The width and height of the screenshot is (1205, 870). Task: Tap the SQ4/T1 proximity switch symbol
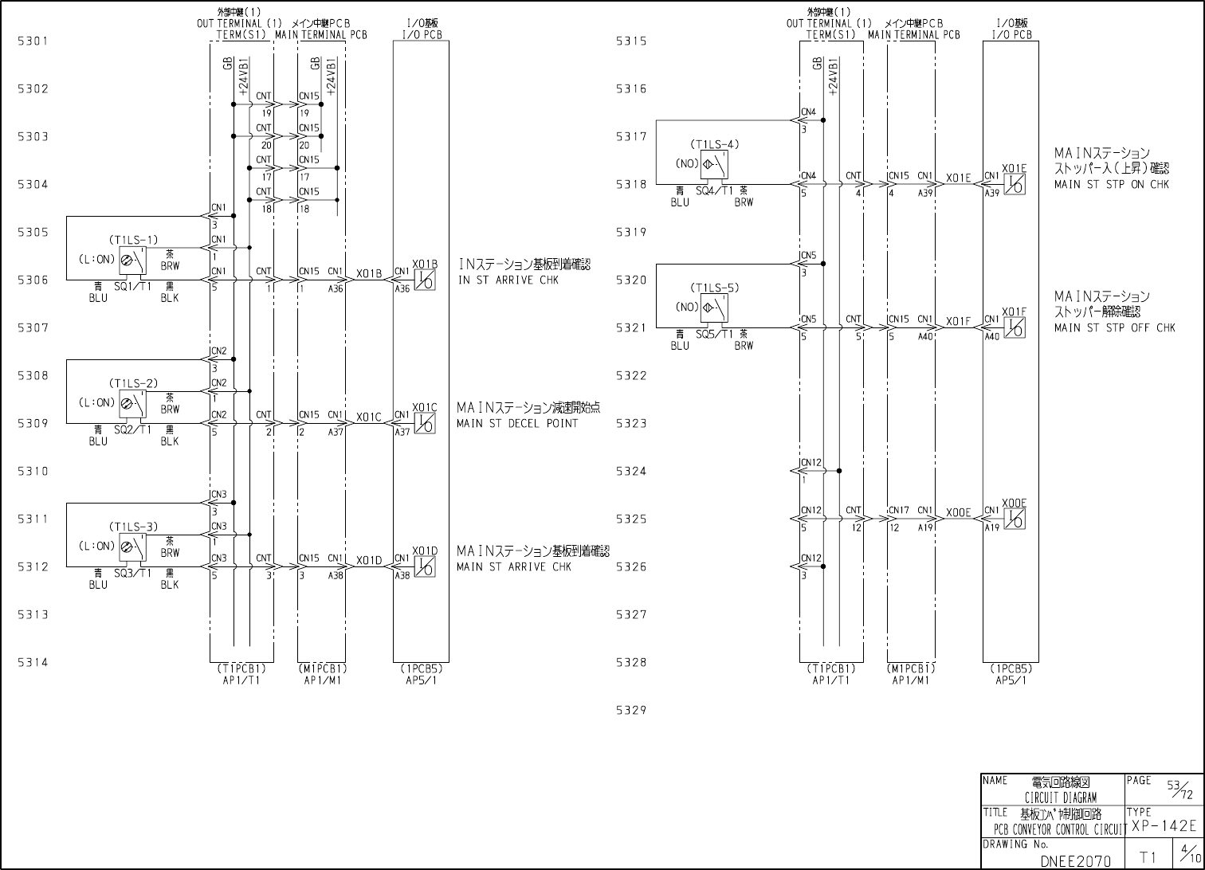pyautogui.click(x=714, y=166)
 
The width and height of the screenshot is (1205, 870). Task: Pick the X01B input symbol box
pyautogui.click(x=425, y=280)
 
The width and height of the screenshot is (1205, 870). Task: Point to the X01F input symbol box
pyautogui.click(x=1015, y=327)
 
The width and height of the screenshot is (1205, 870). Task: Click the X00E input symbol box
pyautogui.click(x=1015, y=519)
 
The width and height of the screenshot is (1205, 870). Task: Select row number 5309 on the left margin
pyautogui.click(x=33, y=423)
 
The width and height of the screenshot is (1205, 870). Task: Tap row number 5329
pyautogui.click(x=630, y=710)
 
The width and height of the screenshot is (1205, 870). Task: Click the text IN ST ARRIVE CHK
pyautogui.click(x=508, y=280)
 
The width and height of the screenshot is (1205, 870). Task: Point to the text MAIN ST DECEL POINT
pyautogui.click(x=517, y=424)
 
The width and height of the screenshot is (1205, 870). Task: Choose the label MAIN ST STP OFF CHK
pyautogui.click(x=1114, y=328)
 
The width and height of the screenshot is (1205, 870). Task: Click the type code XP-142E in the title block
pyautogui.click(x=1164, y=826)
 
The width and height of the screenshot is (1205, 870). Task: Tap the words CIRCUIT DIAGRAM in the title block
pyautogui.click(x=1060, y=797)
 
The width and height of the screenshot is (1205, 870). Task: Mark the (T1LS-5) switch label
pyautogui.click(x=715, y=288)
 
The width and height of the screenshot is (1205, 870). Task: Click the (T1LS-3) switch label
pyautogui.click(x=133, y=527)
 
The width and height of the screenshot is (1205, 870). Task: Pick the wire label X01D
pyautogui.click(x=369, y=561)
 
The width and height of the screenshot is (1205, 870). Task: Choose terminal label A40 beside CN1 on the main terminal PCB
pyautogui.click(x=924, y=337)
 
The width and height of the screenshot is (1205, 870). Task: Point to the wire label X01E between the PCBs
pyautogui.click(x=959, y=178)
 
